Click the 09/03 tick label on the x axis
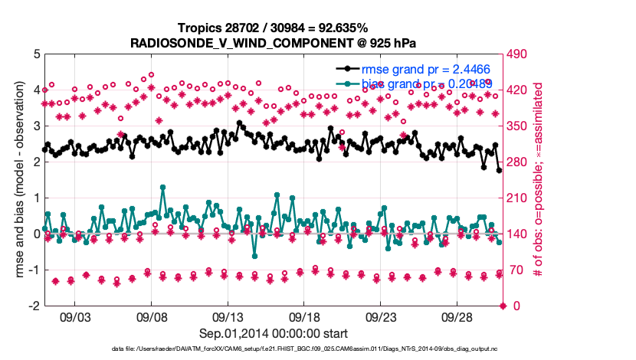pos(75,316)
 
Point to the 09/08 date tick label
pos(152,316)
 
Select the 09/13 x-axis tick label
pos(228,316)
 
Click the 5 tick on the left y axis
pos(36,54)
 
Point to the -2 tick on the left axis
pos(34,306)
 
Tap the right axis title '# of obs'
pos(539,180)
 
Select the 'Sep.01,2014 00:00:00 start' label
pos(274,333)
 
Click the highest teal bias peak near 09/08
pos(162,187)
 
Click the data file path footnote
pos(274,349)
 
